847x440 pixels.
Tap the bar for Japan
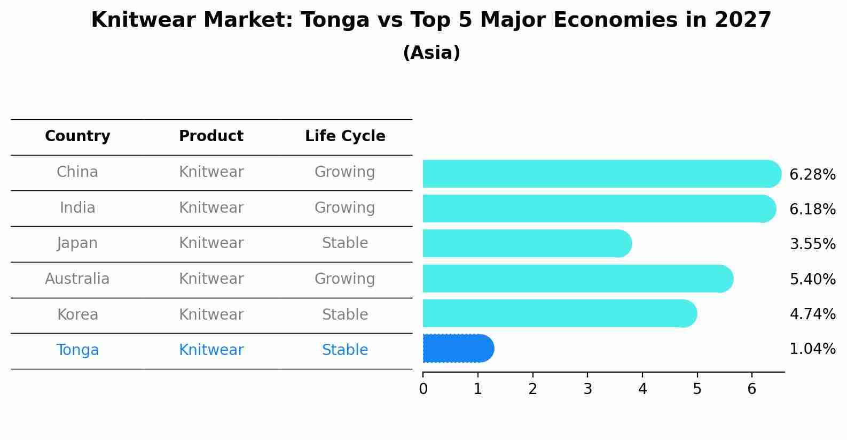coord(527,243)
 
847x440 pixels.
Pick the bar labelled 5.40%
coord(577,279)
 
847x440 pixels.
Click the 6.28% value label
coord(812,175)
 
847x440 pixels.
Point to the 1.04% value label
coord(812,349)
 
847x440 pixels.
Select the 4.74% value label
coord(812,314)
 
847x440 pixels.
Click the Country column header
coord(77,136)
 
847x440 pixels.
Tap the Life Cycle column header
coord(345,136)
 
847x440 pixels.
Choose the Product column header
coord(211,136)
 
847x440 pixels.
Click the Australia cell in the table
coord(77,279)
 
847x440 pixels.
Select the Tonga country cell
coord(77,350)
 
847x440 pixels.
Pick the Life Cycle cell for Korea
coord(345,314)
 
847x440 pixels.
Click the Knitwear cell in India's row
coord(211,207)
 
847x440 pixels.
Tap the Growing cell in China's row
coord(345,172)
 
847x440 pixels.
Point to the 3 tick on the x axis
coord(587,389)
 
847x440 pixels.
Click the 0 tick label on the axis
coord(423,389)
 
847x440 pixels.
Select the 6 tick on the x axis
coord(751,389)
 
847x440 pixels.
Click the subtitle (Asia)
coord(432,53)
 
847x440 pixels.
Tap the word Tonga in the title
coord(335,20)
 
